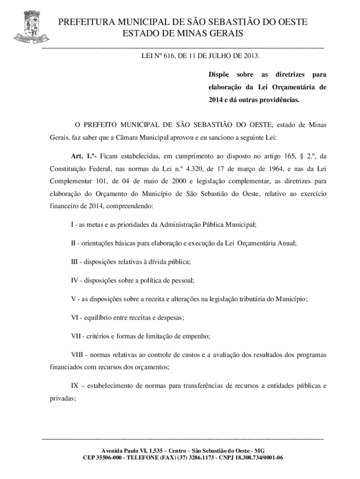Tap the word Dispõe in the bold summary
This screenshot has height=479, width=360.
(219, 75)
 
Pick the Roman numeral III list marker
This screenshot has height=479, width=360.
(75, 261)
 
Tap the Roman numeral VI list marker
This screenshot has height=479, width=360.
(74, 317)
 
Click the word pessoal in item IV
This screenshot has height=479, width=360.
(179, 280)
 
